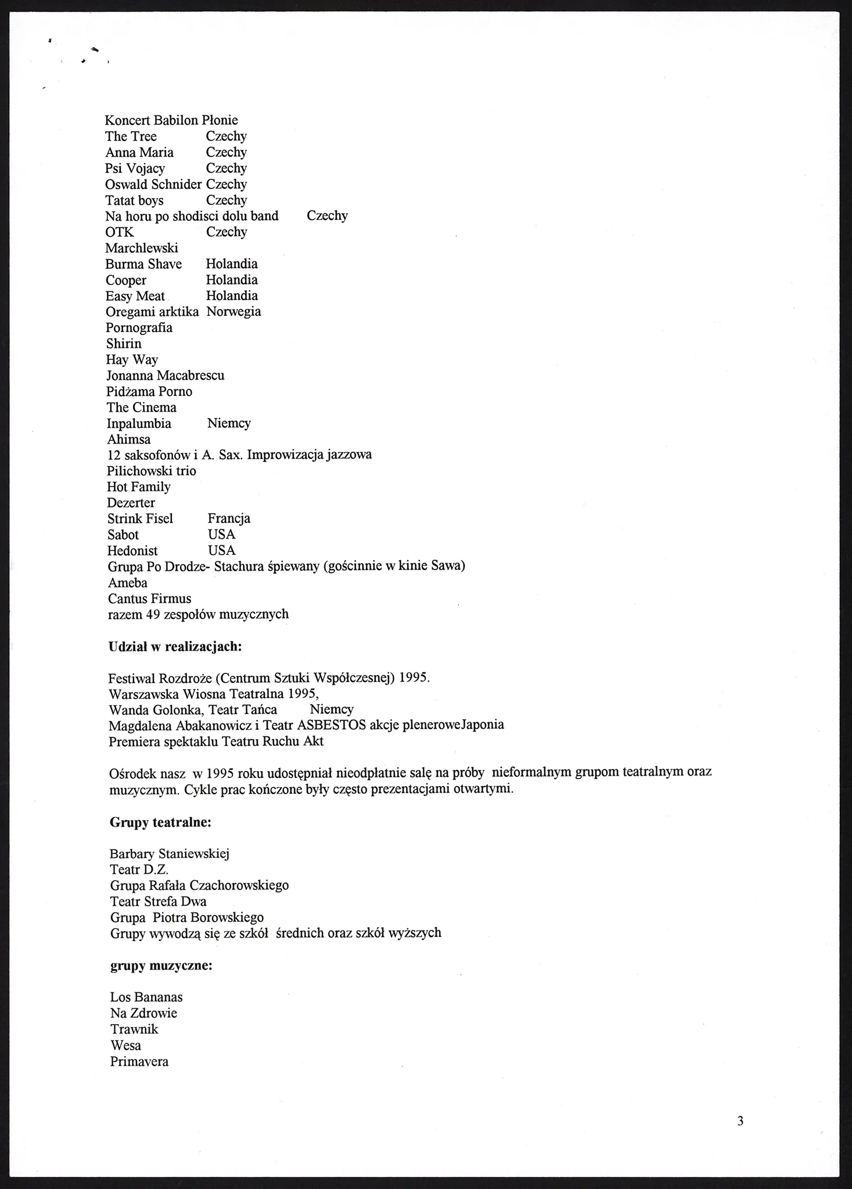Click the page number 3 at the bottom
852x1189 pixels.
(740, 1121)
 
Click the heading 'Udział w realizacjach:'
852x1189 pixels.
(175, 646)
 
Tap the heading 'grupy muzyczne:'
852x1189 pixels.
(161, 966)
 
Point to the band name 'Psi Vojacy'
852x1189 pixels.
(135, 168)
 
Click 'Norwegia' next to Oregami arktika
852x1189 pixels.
(233, 312)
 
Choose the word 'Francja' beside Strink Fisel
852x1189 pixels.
(229, 518)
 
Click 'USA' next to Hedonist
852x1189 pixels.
(222, 550)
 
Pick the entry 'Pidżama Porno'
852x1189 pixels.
(149, 392)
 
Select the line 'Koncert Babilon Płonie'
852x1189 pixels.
(171, 120)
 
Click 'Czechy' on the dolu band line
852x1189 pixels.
(327, 216)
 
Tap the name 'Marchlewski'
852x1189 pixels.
(142, 248)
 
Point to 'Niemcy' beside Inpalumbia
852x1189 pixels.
(229, 423)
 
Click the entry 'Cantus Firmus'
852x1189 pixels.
(150, 599)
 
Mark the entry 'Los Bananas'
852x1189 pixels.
(146, 997)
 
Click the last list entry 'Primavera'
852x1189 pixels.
(139, 1062)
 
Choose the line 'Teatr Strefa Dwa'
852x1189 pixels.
(159, 902)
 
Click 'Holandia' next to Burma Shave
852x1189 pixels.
(232, 264)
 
